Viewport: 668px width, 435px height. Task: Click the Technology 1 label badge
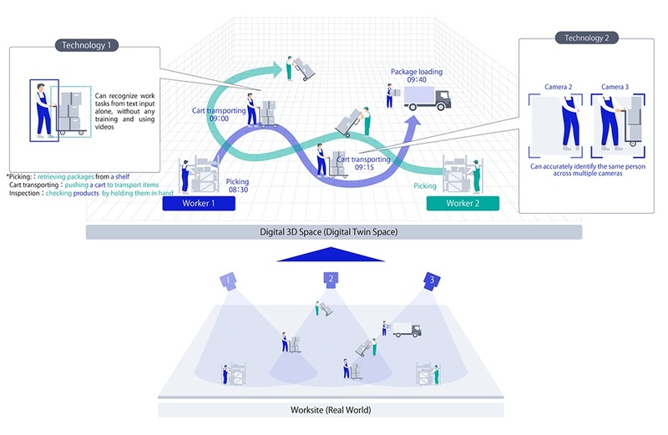point(87,45)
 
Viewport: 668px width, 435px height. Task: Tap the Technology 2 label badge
point(587,38)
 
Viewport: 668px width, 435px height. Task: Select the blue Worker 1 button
point(199,203)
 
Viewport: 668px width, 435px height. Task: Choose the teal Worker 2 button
point(463,203)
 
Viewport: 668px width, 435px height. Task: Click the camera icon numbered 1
point(229,281)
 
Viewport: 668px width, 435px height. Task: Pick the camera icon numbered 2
point(331,280)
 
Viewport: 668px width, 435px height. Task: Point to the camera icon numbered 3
point(432,281)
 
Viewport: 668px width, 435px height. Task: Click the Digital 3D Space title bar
point(333,232)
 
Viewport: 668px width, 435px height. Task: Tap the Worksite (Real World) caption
point(331,410)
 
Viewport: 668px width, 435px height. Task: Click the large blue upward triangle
point(331,255)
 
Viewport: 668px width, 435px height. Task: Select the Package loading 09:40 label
point(417,75)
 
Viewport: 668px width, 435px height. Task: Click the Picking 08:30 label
point(237,185)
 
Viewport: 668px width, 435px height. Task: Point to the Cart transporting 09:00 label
point(219,114)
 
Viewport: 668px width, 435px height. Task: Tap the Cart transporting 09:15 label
point(364,163)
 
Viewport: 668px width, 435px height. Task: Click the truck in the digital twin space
point(428,99)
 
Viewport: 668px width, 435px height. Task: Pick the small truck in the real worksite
point(407,330)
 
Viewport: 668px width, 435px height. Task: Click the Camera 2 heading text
point(558,87)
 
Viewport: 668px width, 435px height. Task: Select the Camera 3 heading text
point(615,87)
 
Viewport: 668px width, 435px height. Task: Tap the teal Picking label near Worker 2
point(425,185)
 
